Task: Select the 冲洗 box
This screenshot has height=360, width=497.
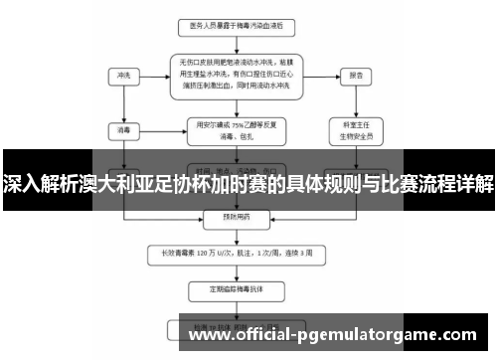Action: click(x=123, y=75)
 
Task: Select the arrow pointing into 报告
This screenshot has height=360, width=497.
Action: click(x=320, y=75)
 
